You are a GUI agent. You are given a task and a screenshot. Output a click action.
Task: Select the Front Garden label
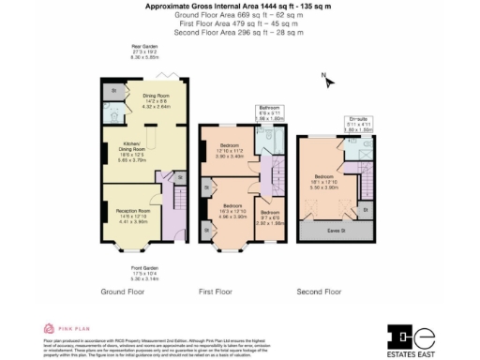pyautogui.click(x=143, y=271)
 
